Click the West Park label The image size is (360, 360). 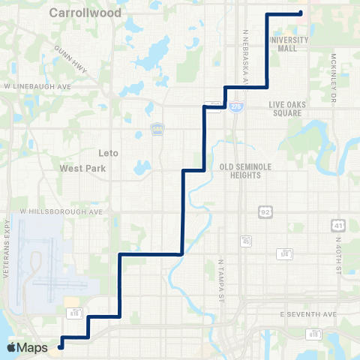(x=80, y=169)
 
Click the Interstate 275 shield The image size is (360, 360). (x=236, y=107)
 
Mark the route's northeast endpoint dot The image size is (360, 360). (x=300, y=13)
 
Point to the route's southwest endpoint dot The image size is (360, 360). (x=61, y=346)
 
